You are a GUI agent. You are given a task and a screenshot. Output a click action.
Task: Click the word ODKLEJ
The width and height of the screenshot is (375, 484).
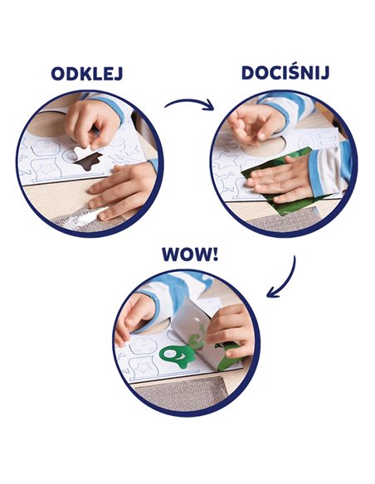87,74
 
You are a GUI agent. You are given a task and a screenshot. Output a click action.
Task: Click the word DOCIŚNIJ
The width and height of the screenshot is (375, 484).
285,73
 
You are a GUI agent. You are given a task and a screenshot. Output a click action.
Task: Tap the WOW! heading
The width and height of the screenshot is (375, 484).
190,254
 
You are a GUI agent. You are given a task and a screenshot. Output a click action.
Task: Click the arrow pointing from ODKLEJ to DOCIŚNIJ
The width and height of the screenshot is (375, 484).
190,102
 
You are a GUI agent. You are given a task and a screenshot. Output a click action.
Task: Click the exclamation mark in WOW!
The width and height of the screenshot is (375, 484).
215,254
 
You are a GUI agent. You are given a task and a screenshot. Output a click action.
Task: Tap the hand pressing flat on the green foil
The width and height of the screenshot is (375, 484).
278,178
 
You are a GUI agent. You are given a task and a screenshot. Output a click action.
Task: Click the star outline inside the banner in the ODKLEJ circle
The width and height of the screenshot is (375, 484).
47,169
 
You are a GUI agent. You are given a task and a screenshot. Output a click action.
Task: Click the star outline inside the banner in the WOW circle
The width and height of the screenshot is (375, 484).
144,367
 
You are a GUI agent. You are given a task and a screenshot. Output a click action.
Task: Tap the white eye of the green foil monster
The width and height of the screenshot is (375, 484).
169,355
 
